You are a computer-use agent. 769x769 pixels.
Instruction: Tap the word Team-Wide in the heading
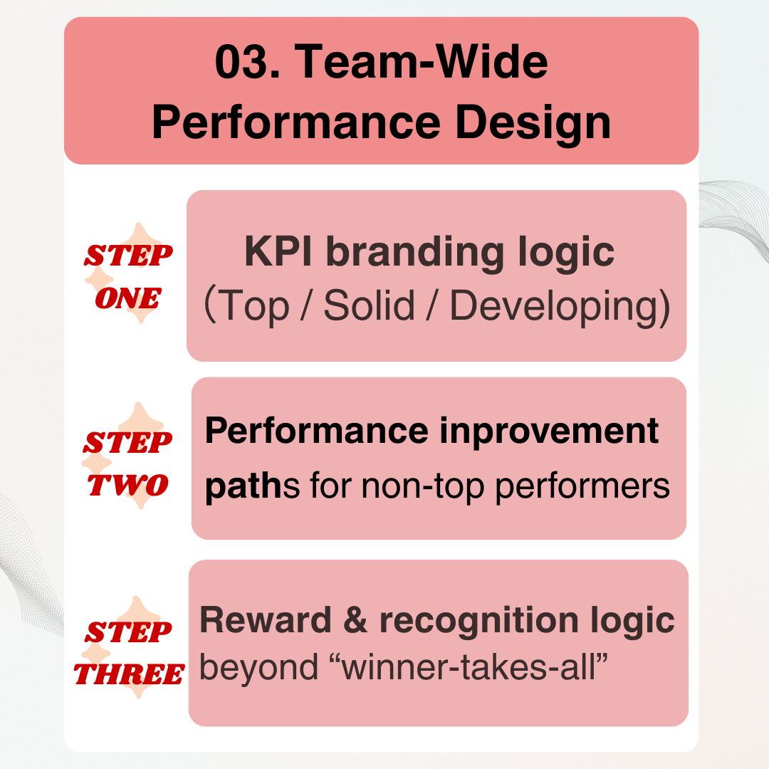[x=421, y=61]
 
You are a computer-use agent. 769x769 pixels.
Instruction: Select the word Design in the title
[x=533, y=122]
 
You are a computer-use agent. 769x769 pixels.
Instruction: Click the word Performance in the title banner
[x=296, y=122]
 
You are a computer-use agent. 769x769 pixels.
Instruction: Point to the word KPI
[x=278, y=251]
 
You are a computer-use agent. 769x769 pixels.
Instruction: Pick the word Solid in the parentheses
[x=370, y=305]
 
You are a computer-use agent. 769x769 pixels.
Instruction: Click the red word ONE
[x=128, y=298]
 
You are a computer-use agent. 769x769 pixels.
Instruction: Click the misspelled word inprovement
[x=549, y=431]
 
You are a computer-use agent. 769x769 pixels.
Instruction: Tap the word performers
[x=582, y=487]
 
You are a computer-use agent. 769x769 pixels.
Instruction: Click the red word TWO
[x=128, y=485]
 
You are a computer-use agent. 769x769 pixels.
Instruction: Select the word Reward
[x=266, y=620]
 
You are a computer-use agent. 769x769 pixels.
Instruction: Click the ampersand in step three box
[x=355, y=620]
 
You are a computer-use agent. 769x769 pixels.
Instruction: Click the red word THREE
[x=130, y=674]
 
